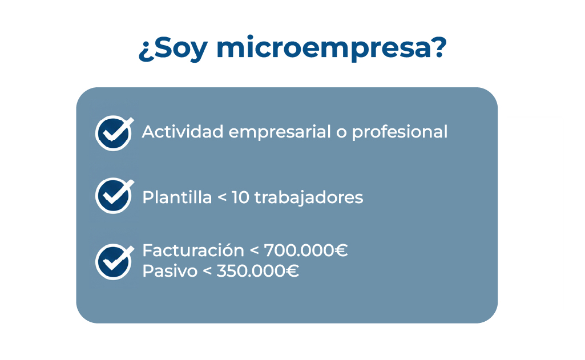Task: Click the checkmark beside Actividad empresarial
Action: click(x=114, y=133)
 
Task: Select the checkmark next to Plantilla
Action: click(x=114, y=196)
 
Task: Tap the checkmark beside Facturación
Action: click(x=114, y=261)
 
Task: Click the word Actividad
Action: click(x=182, y=132)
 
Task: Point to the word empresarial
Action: click(x=277, y=133)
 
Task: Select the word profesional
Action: click(x=400, y=132)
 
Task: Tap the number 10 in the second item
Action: click(x=240, y=197)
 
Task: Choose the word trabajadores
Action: click(x=309, y=198)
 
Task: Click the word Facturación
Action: click(x=193, y=250)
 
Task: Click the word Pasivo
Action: click(x=168, y=271)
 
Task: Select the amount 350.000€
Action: click(x=257, y=271)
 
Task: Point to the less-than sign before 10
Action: click(x=222, y=198)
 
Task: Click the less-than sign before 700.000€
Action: click(x=255, y=251)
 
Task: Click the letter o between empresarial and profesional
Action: click(x=341, y=133)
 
